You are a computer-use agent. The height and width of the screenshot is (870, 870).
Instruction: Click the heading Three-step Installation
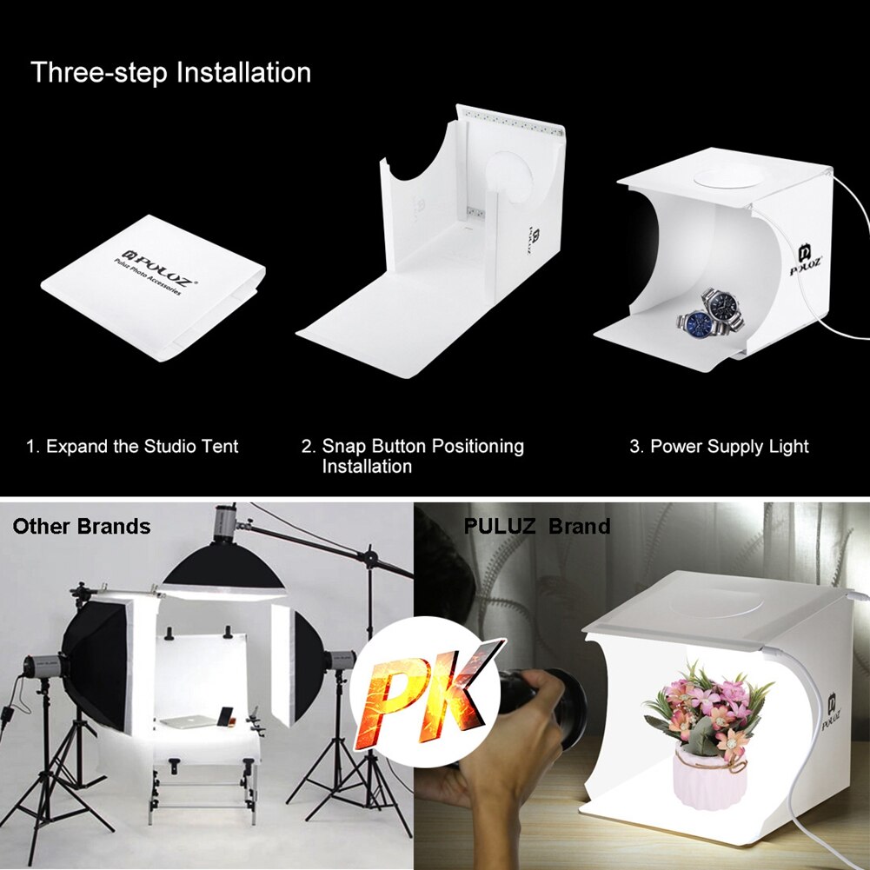point(170,72)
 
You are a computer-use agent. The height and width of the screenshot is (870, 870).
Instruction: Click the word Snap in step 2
point(343,447)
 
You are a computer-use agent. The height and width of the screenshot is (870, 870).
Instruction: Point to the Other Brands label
point(81,527)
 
